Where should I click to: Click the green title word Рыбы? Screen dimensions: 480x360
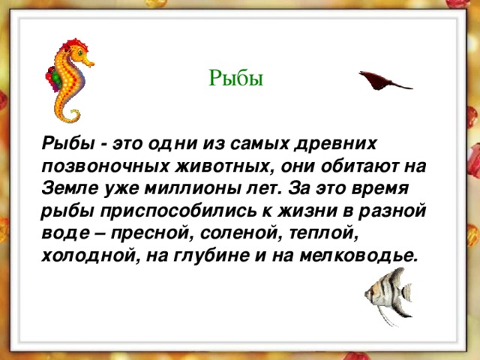[x=235, y=78]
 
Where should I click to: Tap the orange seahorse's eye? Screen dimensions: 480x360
[x=80, y=53]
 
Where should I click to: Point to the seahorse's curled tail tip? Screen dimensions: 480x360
[x=72, y=115]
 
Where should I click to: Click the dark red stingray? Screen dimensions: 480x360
[x=385, y=81]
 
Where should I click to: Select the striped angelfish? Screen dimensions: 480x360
[x=388, y=296]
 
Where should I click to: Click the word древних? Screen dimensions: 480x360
[x=335, y=143]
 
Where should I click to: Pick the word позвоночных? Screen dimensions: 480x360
[x=105, y=166]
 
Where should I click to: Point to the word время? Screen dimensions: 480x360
[x=380, y=189]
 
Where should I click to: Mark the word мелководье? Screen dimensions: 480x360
[x=358, y=256]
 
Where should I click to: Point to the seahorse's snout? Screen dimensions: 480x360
[x=89, y=63]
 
